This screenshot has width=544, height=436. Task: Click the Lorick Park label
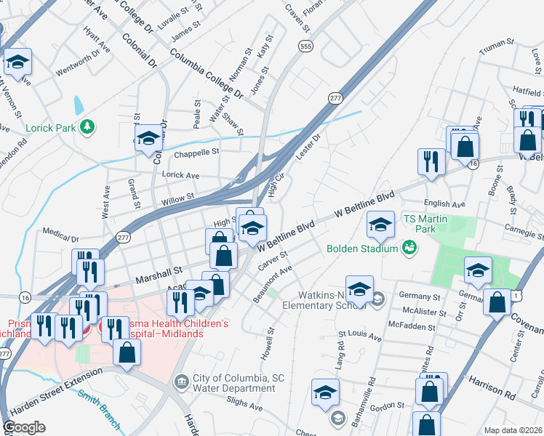51,128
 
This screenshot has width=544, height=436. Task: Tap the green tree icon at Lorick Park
88,127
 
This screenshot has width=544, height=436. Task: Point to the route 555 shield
305,46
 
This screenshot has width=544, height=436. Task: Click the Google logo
24,427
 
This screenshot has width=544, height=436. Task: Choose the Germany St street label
420,296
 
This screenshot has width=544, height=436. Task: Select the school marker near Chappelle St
149,137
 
